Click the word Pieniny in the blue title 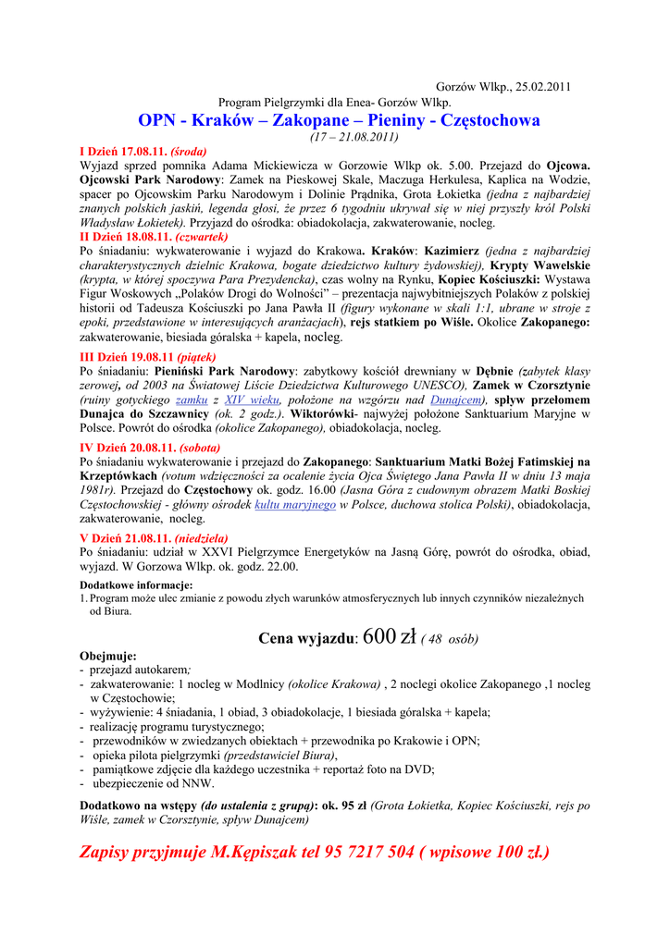click(x=403, y=120)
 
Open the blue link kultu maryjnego click(x=295, y=505)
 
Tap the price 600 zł click(x=391, y=636)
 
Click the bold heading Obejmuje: click(x=108, y=656)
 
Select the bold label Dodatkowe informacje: click(x=136, y=584)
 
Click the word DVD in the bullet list click(x=420, y=769)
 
